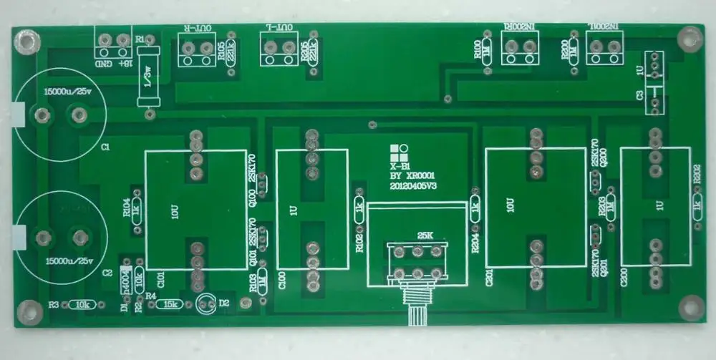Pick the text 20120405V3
(412, 185)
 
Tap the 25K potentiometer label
(416, 235)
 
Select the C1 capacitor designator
(105, 146)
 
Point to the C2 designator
(107, 273)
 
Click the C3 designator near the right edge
(639, 94)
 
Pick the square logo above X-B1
(400, 152)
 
